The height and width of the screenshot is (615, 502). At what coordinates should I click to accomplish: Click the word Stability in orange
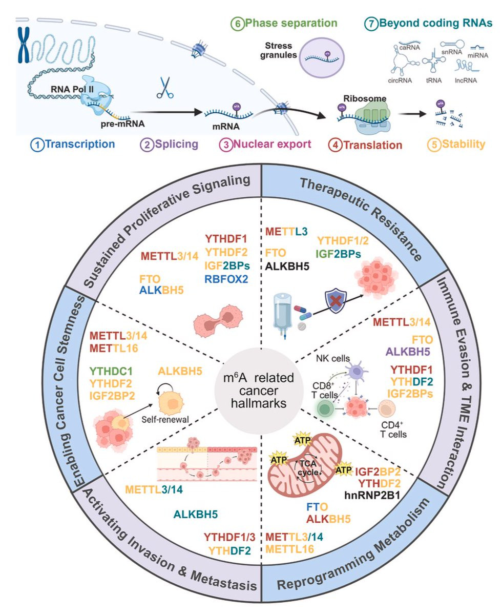pyautogui.click(x=465, y=144)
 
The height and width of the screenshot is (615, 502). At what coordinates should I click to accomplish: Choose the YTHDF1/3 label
pyautogui.click(x=228, y=537)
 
